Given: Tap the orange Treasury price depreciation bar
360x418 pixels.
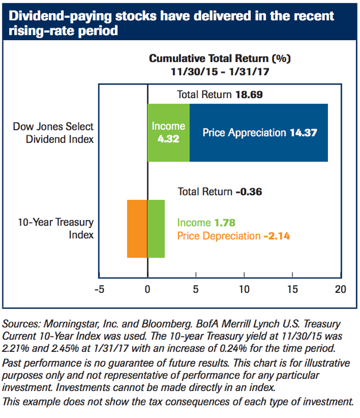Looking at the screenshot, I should pos(137,229).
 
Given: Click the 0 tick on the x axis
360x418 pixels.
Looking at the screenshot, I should pos(148,288).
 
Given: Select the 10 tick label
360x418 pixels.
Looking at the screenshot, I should pos(245,288).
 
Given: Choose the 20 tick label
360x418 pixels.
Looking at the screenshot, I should pos(340,288).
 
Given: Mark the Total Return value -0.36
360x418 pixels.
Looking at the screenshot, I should pos(249,191).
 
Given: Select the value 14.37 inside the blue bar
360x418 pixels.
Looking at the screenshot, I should pos(303,133).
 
